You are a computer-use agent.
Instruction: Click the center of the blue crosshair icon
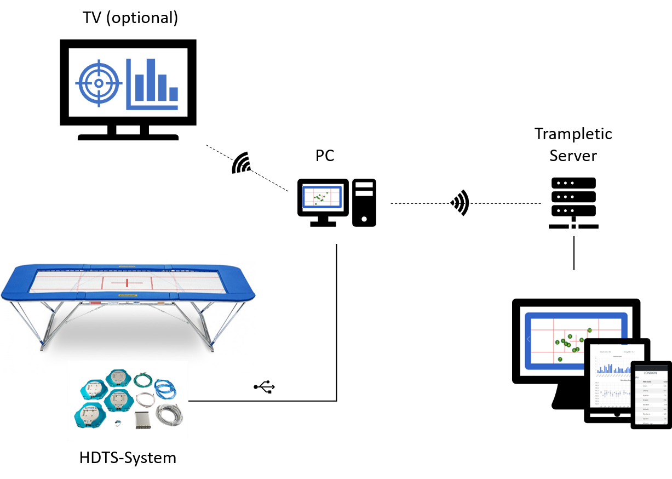(x=99, y=83)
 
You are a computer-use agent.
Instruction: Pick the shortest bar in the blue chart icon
(x=173, y=94)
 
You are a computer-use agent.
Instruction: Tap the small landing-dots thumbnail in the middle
(x=322, y=197)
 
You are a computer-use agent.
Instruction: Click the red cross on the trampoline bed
(x=127, y=283)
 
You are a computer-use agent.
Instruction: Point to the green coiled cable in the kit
(x=141, y=379)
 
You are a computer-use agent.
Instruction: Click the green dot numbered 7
(x=560, y=360)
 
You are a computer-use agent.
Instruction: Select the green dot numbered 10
(x=590, y=330)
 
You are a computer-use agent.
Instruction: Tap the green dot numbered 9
(x=570, y=337)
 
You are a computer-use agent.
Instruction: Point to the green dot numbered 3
(x=558, y=342)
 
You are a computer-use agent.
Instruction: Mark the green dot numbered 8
(x=582, y=340)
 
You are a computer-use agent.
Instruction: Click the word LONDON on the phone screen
(x=651, y=373)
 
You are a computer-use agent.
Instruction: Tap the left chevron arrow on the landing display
(x=529, y=339)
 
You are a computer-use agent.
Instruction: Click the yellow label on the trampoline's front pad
(x=127, y=295)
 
